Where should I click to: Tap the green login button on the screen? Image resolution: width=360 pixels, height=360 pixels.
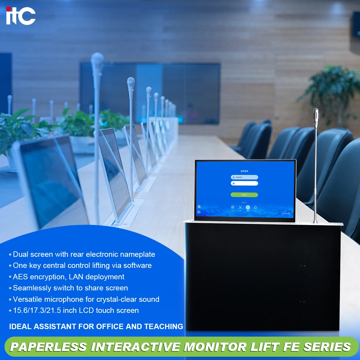pos(244,195)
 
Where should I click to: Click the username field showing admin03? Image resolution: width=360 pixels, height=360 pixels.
pos(244,177)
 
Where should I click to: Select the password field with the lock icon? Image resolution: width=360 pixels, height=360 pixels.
pos(244,183)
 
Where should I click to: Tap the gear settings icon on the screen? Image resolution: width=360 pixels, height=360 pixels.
pos(199,207)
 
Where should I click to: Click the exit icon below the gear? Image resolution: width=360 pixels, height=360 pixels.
pos(199,212)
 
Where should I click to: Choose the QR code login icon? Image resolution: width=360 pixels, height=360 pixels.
pos(233,207)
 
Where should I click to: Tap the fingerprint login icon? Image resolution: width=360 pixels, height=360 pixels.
pos(256,207)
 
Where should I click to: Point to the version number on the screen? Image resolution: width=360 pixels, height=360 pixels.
pos(286,213)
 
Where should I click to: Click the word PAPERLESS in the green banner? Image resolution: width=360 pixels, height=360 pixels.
pos(48,347)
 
